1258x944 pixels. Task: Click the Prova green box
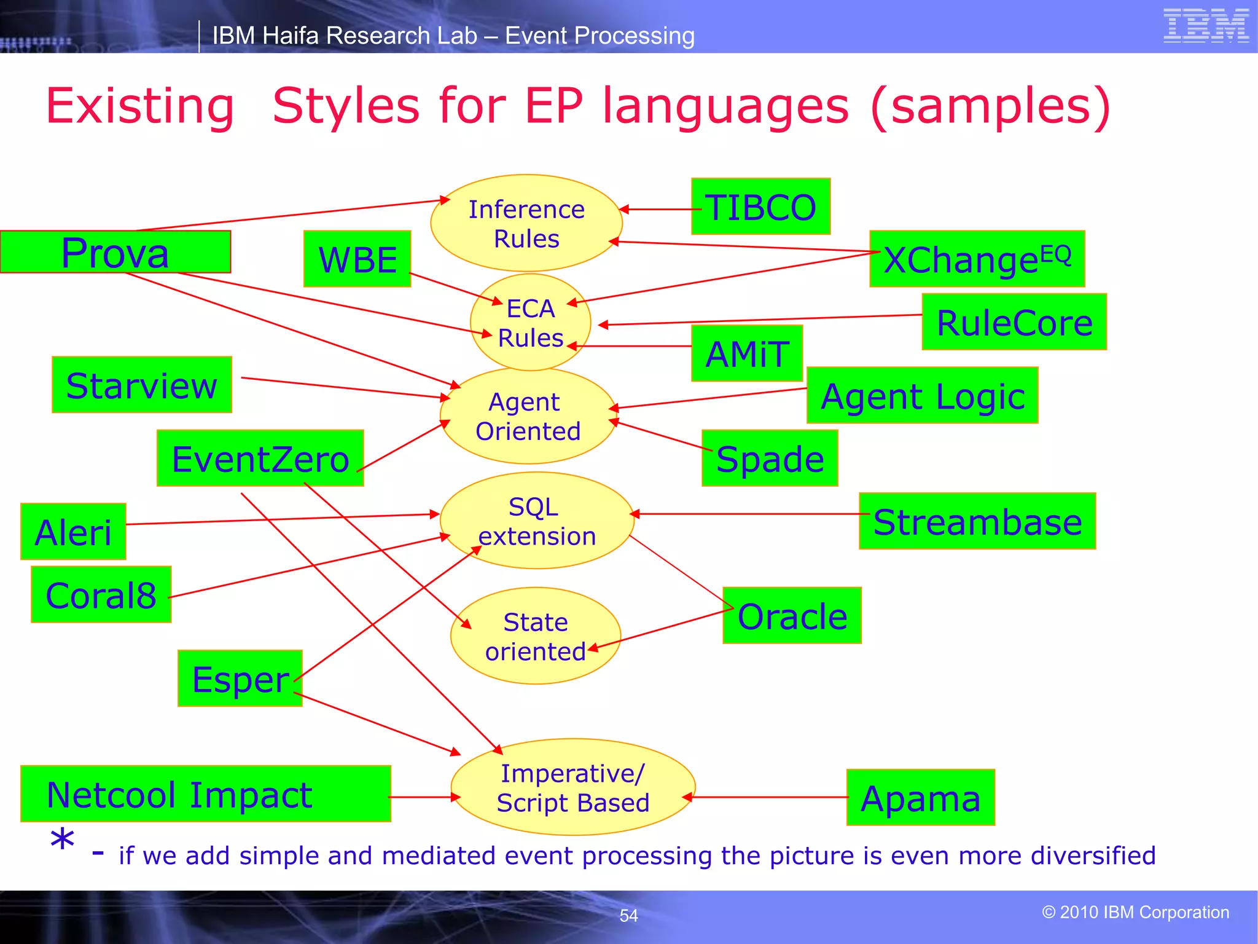(x=115, y=252)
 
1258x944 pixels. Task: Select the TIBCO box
(x=760, y=206)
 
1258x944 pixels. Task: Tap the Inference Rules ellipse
(x=526, y=223)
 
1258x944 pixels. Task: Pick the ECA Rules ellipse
(x=530, y=323)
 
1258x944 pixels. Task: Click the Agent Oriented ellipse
(x=528, y=416)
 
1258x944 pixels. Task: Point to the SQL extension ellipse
(x=536, y=521)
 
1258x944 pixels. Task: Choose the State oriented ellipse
(x=535, y=636)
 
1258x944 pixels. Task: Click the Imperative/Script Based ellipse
(x=572, y=787)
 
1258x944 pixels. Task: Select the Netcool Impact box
(x=205, y=793)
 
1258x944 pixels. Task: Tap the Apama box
(x=920, y=797)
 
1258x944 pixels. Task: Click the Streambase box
(x=977, y=521)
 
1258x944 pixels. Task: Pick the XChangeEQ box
(x=977, y=259)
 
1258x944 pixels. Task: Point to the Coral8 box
(x=101, y=594)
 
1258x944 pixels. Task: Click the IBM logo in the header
(x=1205, y=26)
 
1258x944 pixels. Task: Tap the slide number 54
(x=628, y=916)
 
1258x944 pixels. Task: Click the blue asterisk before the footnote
(x=62, y=841)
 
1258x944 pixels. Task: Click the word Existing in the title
(x=141, y=106)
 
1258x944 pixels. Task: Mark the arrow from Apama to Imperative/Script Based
(x=768, y=797)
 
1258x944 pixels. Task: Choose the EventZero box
(x=260, y=458)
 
